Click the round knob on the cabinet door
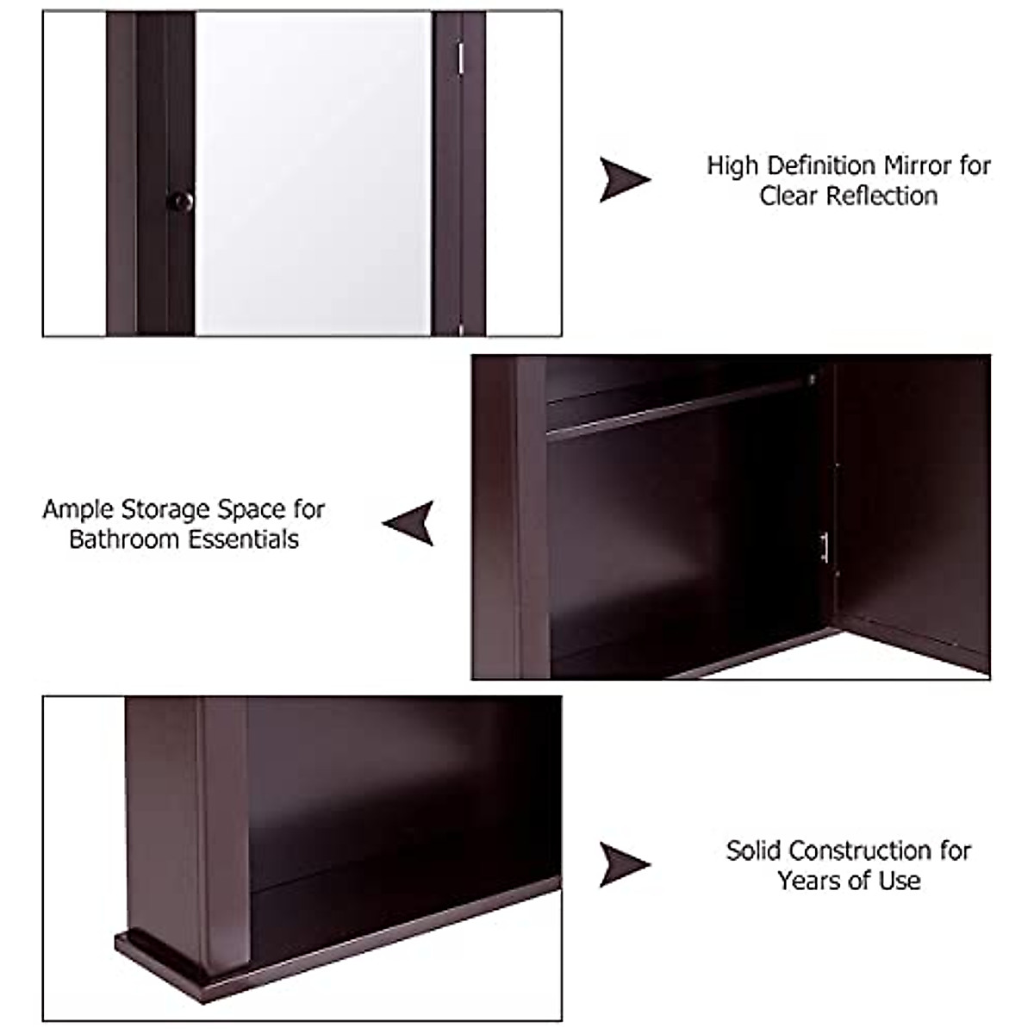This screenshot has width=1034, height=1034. (178, 201)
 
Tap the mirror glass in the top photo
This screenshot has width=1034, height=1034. (313, 172)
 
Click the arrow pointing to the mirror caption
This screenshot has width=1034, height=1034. (623, 179)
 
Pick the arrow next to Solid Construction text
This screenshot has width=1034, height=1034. (623, 864)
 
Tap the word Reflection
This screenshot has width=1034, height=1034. (882, 196)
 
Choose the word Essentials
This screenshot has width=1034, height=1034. (246, 540)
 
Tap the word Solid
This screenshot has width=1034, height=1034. (753, 851)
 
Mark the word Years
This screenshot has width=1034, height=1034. (807, 881)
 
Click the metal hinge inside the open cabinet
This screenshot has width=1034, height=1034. (825, 547)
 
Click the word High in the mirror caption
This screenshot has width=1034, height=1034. (732, 165)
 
